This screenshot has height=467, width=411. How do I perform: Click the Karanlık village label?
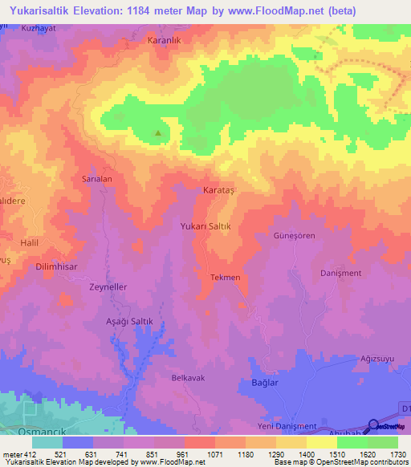[167, 39]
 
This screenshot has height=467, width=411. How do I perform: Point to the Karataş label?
[218, 191]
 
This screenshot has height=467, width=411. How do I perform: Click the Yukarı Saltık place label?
[205, 227]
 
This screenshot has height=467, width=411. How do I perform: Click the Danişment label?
[341, 273]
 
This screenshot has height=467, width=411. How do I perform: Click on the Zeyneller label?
[108, 286]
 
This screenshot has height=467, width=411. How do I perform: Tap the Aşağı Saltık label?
[118, 321]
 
